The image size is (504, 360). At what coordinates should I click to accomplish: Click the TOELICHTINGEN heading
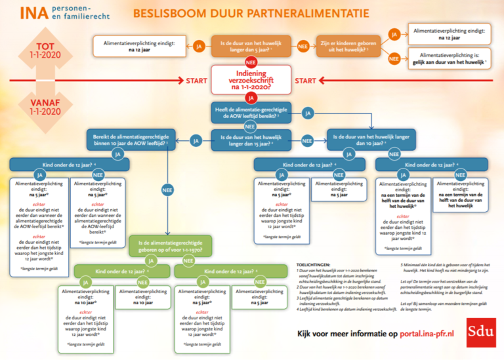click(x=318, y=264)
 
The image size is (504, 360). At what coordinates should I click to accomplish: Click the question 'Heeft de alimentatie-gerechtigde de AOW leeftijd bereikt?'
click(x=250, y=113)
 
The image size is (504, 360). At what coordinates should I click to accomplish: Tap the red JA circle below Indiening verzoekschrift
click(x=250, y=98)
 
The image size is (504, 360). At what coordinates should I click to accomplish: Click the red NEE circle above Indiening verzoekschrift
click(x=250, y=62)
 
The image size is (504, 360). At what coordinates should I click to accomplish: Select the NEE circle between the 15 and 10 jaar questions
click(x=306, y=140)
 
